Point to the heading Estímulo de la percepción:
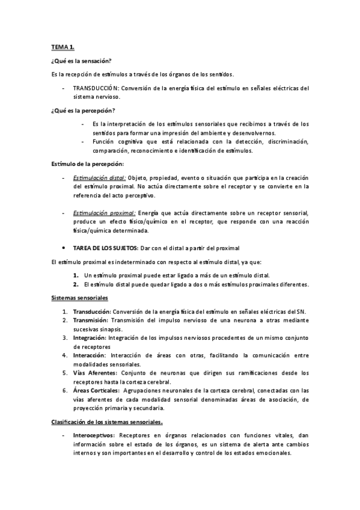87,164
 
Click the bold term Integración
91,338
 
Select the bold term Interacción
91,355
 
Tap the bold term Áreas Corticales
96,391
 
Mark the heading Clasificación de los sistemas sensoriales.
106,422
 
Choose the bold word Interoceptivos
94,435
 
